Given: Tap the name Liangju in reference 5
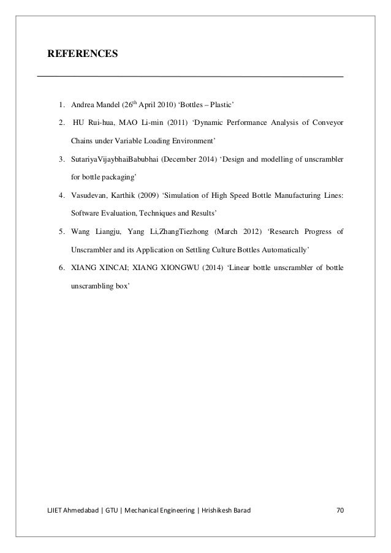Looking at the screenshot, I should [110, 232].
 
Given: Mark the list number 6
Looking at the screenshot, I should [62, 268].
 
